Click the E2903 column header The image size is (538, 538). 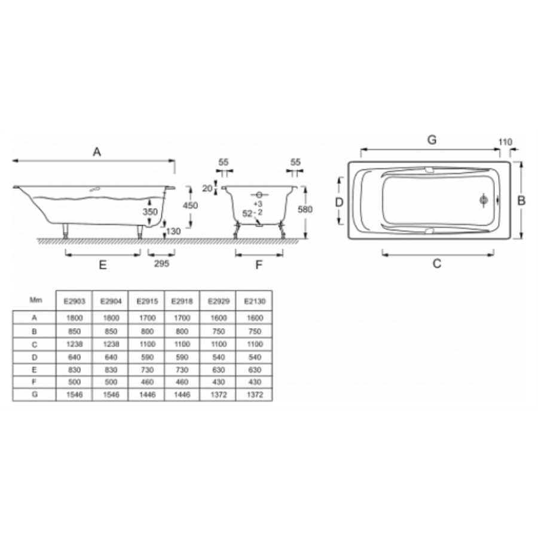click(74, 301)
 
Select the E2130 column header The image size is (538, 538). click(255, 301)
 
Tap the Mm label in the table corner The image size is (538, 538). click(36, 300)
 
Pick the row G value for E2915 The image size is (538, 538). click(147, 395)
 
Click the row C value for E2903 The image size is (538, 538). click(74, 344)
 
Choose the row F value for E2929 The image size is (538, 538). click(219, 382)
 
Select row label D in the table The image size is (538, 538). click(34, 357)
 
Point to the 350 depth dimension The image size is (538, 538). click(150, 212)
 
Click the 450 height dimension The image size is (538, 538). click(190, 205)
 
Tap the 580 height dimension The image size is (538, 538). click(305, 209)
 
